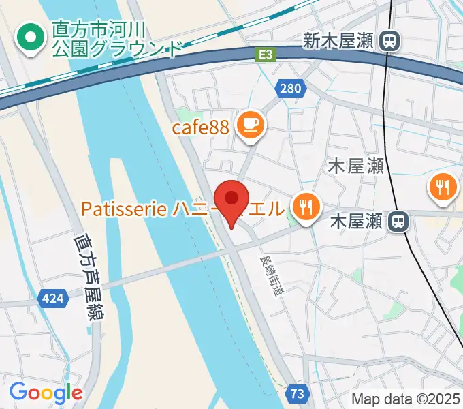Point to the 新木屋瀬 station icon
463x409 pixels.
(x=390, y=42)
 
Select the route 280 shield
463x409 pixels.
(x=289, y=88)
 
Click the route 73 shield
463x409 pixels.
(x=297, y=393)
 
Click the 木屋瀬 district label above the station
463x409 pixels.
(x=356, y=166)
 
